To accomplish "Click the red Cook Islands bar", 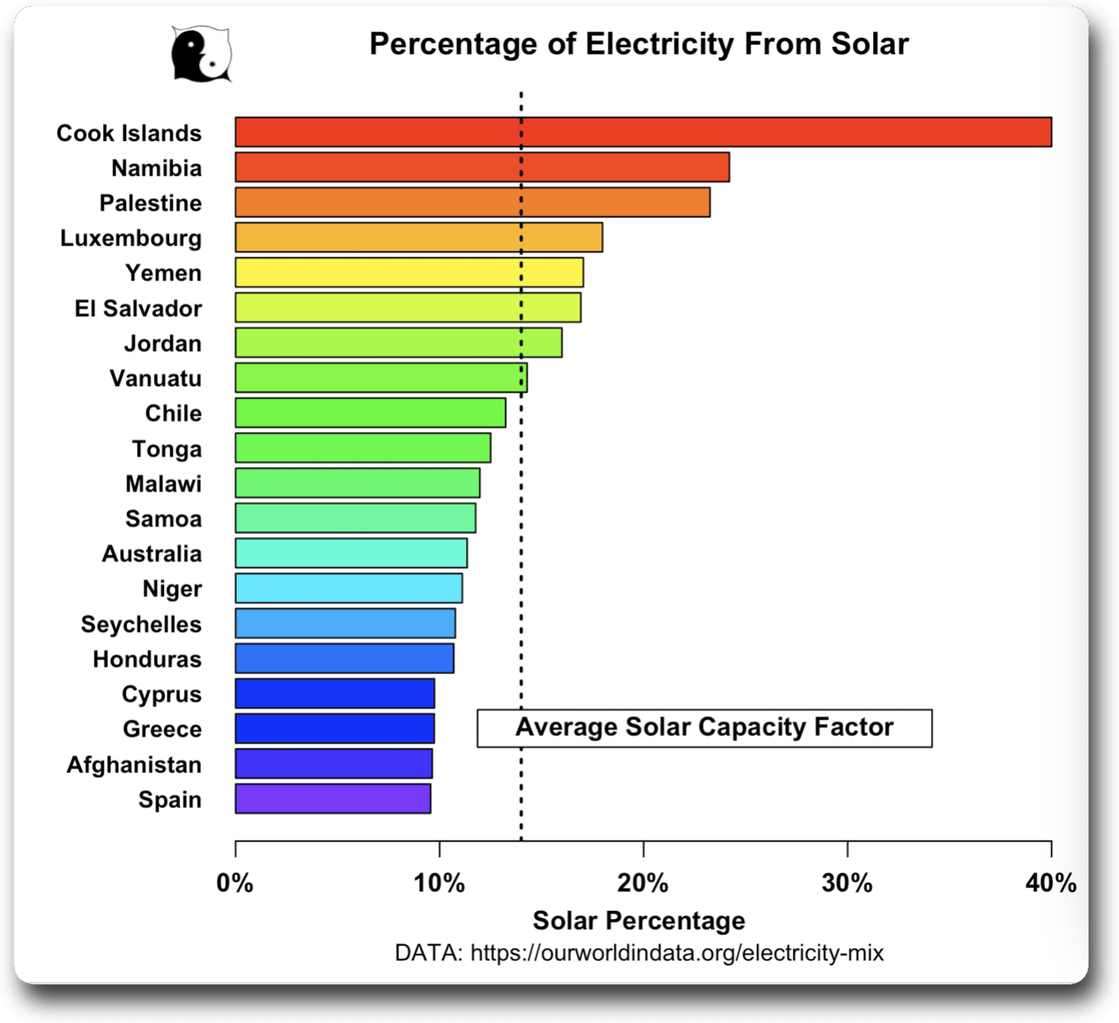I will pos(643,132).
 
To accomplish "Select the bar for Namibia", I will pos(482,167).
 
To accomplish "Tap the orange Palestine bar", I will pos(473,202).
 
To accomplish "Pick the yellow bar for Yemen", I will pos(409,272).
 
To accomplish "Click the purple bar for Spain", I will pos(333,799).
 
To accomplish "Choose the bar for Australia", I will pos(351,553).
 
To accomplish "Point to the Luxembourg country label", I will pos(131,238).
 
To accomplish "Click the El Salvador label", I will pos(139,309).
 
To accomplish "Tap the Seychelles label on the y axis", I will pos(141,625).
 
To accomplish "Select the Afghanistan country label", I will pos(134,765).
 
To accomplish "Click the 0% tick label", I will pos(235,884).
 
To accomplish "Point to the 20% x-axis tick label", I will pos(643,884).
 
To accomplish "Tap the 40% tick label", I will pos(1051,884).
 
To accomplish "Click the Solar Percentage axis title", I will pos(639,921).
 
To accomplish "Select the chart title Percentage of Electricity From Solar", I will pos(639,44).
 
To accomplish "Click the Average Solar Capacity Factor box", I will pos(704,728).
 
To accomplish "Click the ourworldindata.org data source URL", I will pos(677,954).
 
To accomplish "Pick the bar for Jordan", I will pos(398,342).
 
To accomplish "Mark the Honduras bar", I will pos(345,658).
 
